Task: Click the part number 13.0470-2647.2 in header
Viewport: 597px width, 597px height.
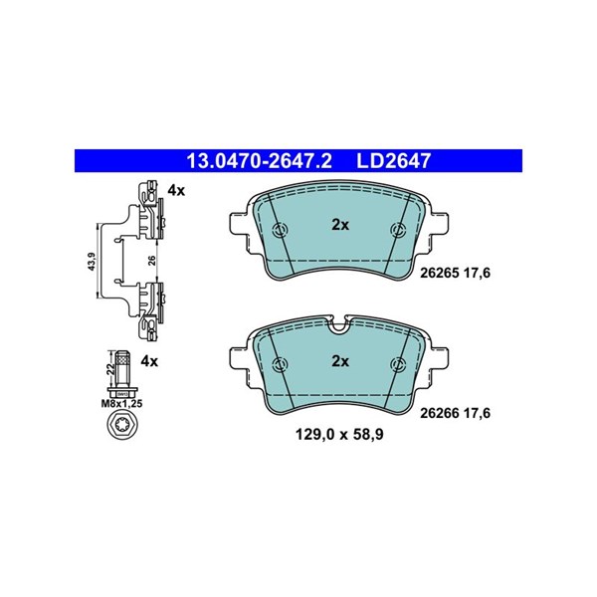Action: tap(259, 161)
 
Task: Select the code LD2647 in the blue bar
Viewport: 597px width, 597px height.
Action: tap(393, 161)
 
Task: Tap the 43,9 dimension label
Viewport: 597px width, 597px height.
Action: tap(91, 262)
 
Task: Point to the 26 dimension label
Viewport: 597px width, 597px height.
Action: tap(152, 261)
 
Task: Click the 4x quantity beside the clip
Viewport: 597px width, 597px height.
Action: tap(176, 190)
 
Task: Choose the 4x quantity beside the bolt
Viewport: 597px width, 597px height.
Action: tap(149, 361)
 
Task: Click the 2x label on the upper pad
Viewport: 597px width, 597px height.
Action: tap(340, 226)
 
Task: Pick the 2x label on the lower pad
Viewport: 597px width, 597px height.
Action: tap(340, 361)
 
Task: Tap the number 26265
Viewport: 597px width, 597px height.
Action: tap(439, 273)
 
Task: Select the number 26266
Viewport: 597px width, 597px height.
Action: tap(439, 413)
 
